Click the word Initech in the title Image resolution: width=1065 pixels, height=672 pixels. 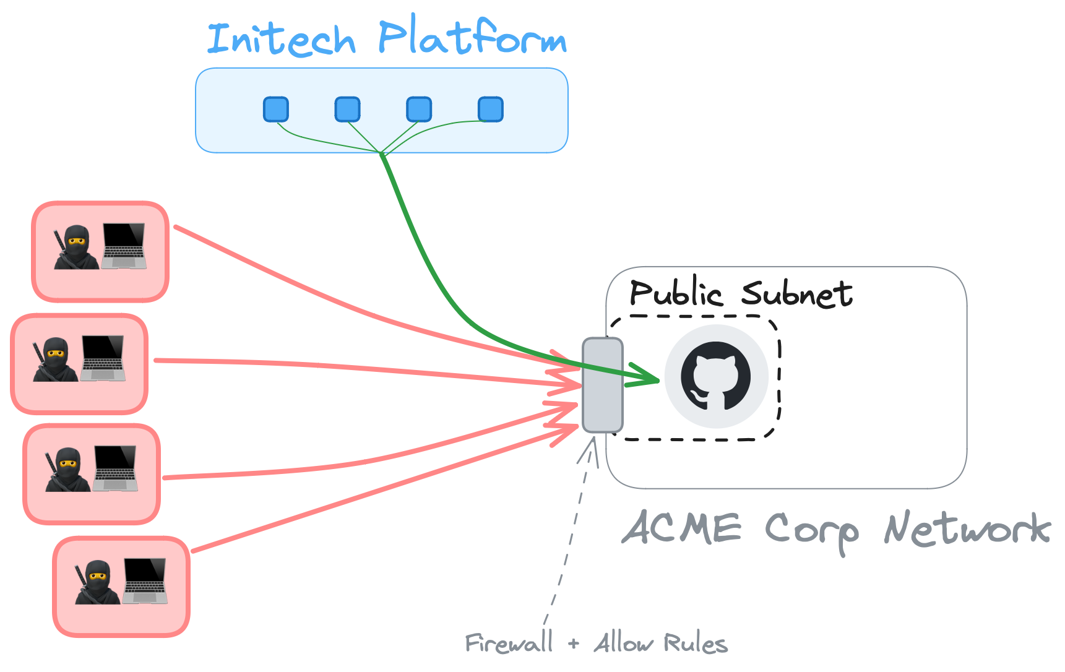click(x=282, y=39)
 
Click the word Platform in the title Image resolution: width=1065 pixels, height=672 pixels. click(x=472, y=37)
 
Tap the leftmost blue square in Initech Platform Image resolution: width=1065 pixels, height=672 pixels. click(x=276, y=110)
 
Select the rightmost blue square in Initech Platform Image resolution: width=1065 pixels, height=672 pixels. click(x=490, y=110)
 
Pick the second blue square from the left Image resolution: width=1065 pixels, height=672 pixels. click(x=347, y=110)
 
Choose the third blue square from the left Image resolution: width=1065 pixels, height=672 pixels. click(x=419, y=110)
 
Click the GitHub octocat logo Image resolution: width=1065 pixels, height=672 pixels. click(x=716, y=376)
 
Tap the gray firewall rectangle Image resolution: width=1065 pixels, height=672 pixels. click(x=602, y=384)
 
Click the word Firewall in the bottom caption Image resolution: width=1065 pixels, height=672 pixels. click(x=509, y=644)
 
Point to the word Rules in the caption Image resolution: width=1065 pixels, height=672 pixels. click(x=695, y=644)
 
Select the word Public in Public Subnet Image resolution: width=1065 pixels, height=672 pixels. click(x=675, y=293)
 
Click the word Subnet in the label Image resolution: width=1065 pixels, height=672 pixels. click(x=797, y=293)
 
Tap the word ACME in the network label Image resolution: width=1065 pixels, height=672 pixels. click(x=681, y=529)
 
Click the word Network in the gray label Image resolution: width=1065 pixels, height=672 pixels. click(x=967, y=530)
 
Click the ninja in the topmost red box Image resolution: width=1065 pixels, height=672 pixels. click(x=76, y=248)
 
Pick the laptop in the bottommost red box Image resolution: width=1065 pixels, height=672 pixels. click(x=145, y=581)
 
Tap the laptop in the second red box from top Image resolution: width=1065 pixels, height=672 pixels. click(x=103, y=358)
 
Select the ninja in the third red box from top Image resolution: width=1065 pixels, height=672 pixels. click(x=67, y=470)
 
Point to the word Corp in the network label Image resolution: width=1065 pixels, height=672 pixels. click(x=812, y=531)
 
